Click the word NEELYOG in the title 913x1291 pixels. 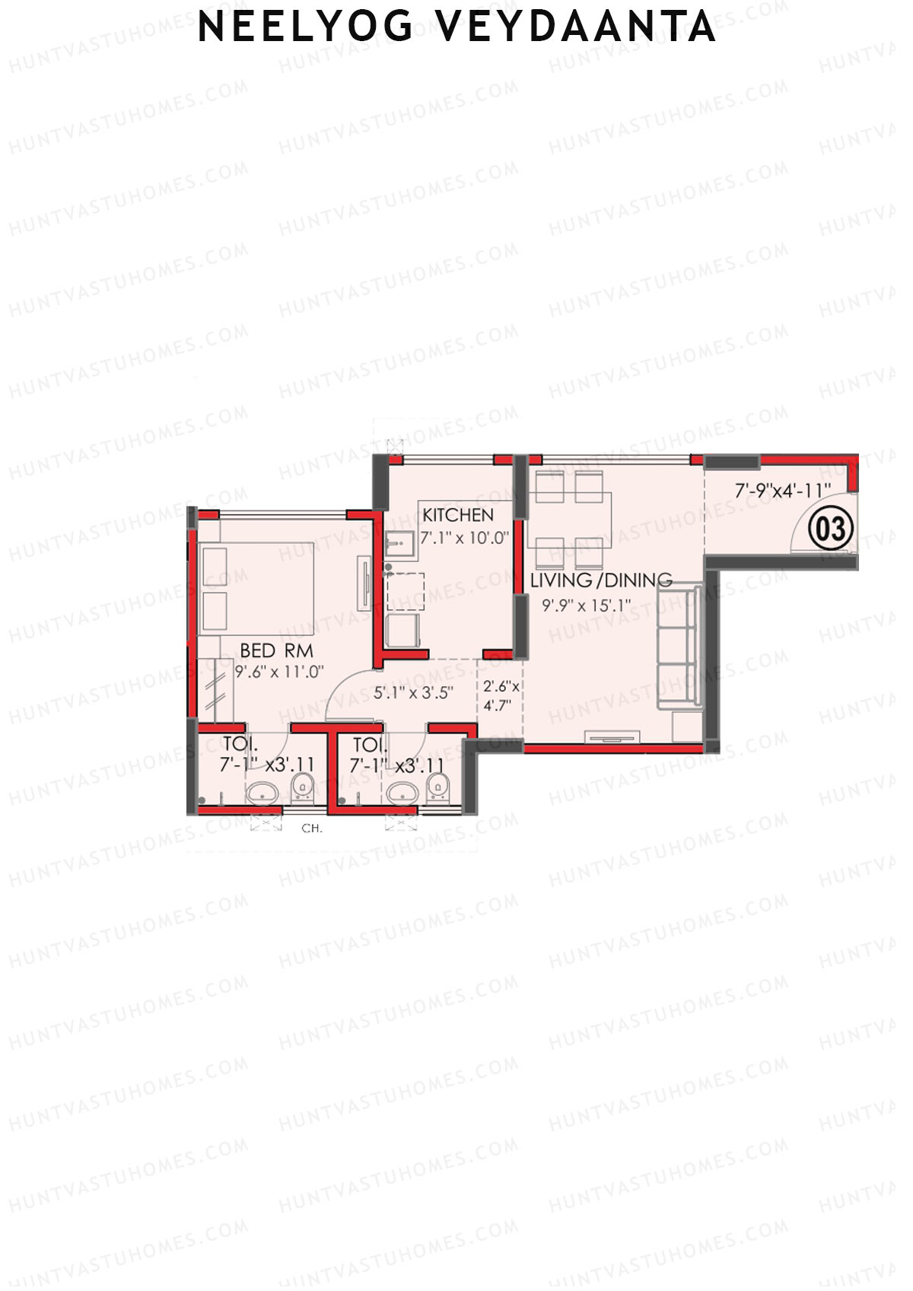(305, 27)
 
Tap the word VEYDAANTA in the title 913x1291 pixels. (576, 27)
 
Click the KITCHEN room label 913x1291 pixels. (458, 515)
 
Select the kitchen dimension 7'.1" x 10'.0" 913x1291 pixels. (464, 538)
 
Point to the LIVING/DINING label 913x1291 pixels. (601, 580)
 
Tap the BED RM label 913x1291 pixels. (276, 650)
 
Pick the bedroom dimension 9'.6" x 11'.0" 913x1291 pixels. (279, 672)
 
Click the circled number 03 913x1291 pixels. (830, 529)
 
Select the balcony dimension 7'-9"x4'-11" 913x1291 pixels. (782, 491)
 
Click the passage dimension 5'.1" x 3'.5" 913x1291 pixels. (413, 693)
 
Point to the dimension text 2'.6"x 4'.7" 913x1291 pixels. (501, 695)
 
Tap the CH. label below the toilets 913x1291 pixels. (312, 828)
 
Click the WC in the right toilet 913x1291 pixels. (437, 788)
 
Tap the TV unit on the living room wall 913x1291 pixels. (612, 736)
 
